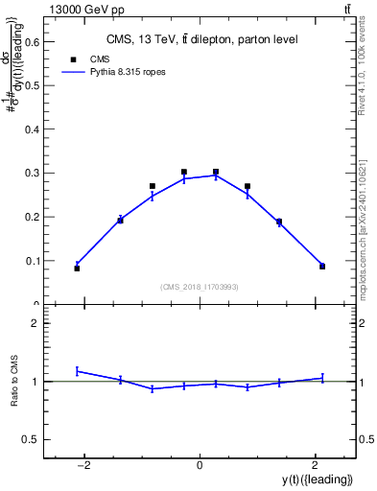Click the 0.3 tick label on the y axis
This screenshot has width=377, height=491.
(34, 173)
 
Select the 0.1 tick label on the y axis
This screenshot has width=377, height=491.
(34, 261)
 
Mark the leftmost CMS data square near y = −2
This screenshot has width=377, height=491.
(77, 269)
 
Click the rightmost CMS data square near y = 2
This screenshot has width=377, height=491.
(322, 267)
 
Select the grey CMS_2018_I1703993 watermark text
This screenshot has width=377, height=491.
(200, 287)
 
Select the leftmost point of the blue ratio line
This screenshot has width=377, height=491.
(77, 370)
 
